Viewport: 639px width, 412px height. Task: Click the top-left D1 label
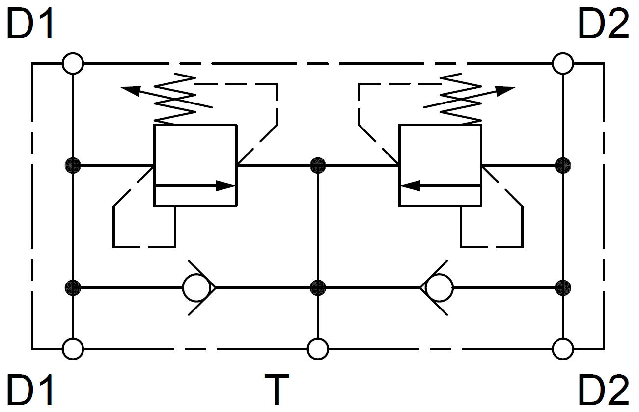click(x=30, y=24)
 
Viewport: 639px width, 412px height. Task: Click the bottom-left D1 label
click(x=30, y=389)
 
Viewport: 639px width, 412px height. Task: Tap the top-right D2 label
click(x=603, y=24)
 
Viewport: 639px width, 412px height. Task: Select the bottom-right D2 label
click(x=603, y=389)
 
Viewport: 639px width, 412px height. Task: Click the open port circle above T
click(x=318, y=349)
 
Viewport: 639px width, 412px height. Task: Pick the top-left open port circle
click(x=73, y=63)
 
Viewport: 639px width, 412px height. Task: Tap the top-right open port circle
click(x=562, y=63)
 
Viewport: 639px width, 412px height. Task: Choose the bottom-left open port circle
click(x=73, y=349)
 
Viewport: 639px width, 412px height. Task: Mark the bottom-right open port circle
click(x=562, y=349)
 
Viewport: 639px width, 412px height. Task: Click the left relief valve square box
click(x=195, y=165)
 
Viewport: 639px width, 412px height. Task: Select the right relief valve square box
click(x=440, y=165)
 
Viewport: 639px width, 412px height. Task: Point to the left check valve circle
click(x=196, y=287)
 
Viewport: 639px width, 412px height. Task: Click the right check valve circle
click(x=439, y=287)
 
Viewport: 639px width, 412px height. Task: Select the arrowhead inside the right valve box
click(x=410, y=186)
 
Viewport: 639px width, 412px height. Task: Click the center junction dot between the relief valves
click(x=318, y=166)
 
